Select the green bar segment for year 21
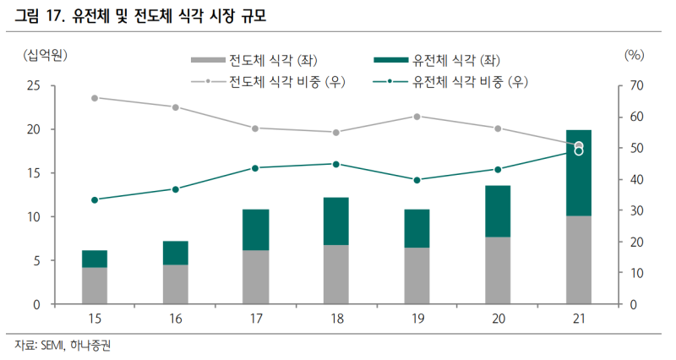579,173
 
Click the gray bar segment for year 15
95,286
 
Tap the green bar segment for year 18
336,221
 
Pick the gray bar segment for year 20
498,270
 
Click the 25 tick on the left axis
34,86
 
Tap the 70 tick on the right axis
636,86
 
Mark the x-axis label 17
256,319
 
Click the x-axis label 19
417,319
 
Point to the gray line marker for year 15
95,98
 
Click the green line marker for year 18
336,164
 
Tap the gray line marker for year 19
417,116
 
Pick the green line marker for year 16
175,189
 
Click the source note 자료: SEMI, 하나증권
63,346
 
